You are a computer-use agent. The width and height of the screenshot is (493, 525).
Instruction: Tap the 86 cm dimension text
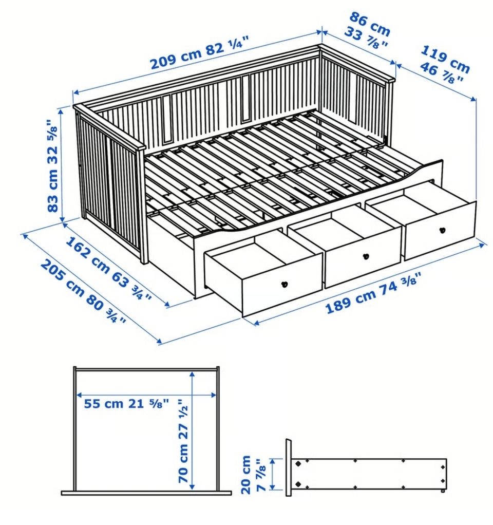pyautogui.click(x=370, y=21)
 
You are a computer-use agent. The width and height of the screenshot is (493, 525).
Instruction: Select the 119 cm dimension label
pyautogui.click(x=445, y=59)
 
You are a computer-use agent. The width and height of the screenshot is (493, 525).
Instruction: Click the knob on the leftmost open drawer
pyautogui.click(x=285, y=284)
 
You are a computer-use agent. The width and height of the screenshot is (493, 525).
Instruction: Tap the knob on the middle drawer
pyautogui.click(x=366, y=257)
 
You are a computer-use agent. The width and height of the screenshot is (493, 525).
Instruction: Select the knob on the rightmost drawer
pyautogui.click(x=443, y=230)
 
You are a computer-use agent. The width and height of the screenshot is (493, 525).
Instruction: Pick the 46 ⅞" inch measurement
pyautogui.click(x=441, y=72)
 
